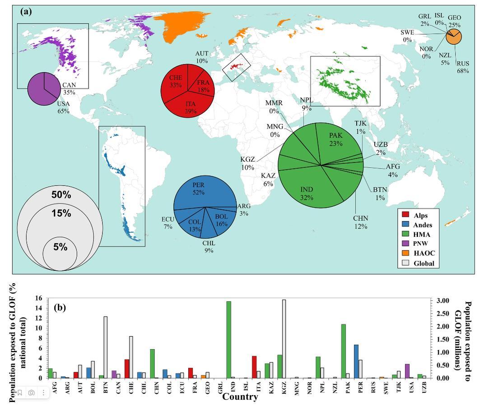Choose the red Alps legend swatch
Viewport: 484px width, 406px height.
pyautogui.click(x=405, y=215)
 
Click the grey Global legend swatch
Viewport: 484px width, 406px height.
pyautogui.click(x=405, y=263)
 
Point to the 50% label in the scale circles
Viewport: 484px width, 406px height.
pyautogui.click(x=61, y=195)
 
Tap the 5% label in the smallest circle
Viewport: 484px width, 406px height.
pyautogui.click(x=60, y=247)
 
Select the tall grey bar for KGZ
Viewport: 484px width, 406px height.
pyautogui.click(x=284, y=338)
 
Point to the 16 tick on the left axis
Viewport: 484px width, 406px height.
pyautogui.click(x=38, y=298)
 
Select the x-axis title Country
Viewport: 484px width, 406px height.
pyautogui.click(x=240, y=397)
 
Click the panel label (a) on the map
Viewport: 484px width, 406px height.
pyautogui.click(x=26, y=12)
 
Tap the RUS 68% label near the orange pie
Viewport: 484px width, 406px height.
pyautogui.click(x=463, y=67)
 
